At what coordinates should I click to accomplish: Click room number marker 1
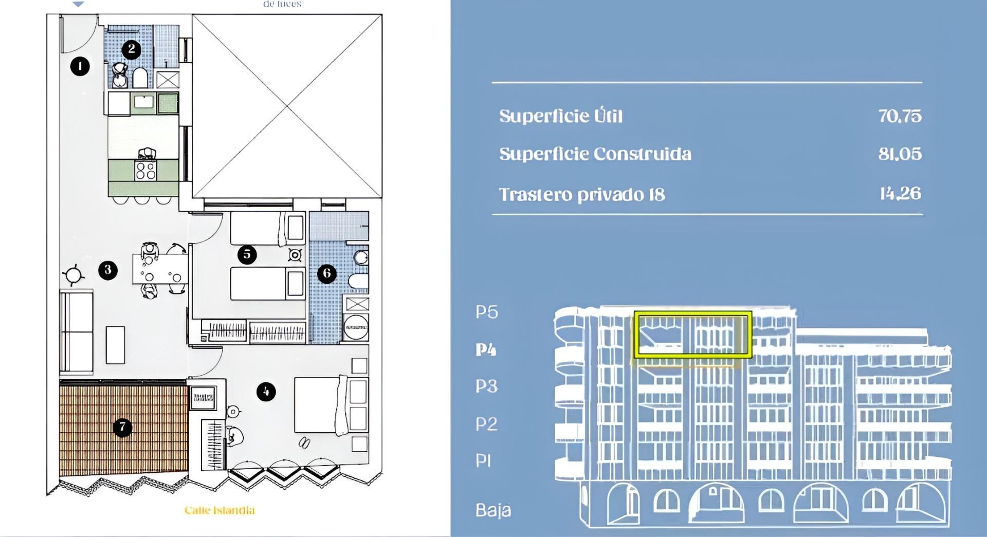(x=80, y=66)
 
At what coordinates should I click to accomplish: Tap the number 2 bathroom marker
(x=132, y=49)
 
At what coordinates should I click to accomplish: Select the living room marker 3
(x=108, y=270)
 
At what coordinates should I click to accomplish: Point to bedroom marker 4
(x=266, y=392)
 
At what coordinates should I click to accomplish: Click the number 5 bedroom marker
(x=247, y=254)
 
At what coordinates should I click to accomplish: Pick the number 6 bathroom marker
(x=327, y=273)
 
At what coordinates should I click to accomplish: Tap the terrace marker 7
(x=122, y=427)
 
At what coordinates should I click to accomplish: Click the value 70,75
(x=900, y=116)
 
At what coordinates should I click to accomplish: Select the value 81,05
(x=900, y=154)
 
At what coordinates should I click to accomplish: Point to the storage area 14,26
(x=900, y=194)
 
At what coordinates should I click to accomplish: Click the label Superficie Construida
(x=595, y=154)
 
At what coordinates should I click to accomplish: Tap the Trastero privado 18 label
(x=582, y=195)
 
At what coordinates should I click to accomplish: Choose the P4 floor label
(x=486, y=350)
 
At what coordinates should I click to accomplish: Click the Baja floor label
(x=493, y=510)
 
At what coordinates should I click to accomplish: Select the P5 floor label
(x=486, y=312)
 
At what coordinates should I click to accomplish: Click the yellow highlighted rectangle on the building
(x=693, y=334)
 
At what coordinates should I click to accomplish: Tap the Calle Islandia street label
(x=220, y=510)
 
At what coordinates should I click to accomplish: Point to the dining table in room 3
(x=160, y=269)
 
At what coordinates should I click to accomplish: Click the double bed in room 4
(x=321, y=404)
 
